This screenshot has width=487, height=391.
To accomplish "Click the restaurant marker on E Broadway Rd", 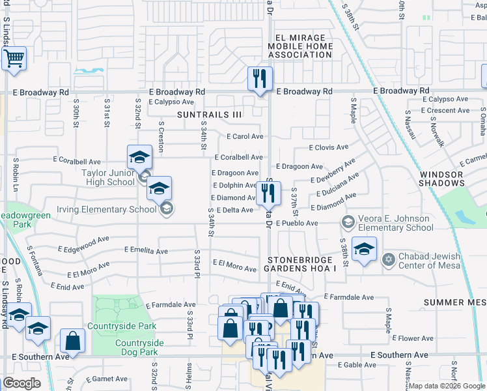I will tap(260, 80).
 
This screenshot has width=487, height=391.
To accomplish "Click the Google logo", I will tap(22, 383).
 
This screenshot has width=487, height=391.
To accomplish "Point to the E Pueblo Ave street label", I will tap(296, 223).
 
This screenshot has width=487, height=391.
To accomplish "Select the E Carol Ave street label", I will tap(245, 137).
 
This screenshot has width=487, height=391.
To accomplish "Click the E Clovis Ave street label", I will tap(328, 148).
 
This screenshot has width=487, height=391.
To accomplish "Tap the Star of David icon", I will tap(389, 260).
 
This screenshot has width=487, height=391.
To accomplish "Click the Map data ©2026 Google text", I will tap(447, 386).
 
